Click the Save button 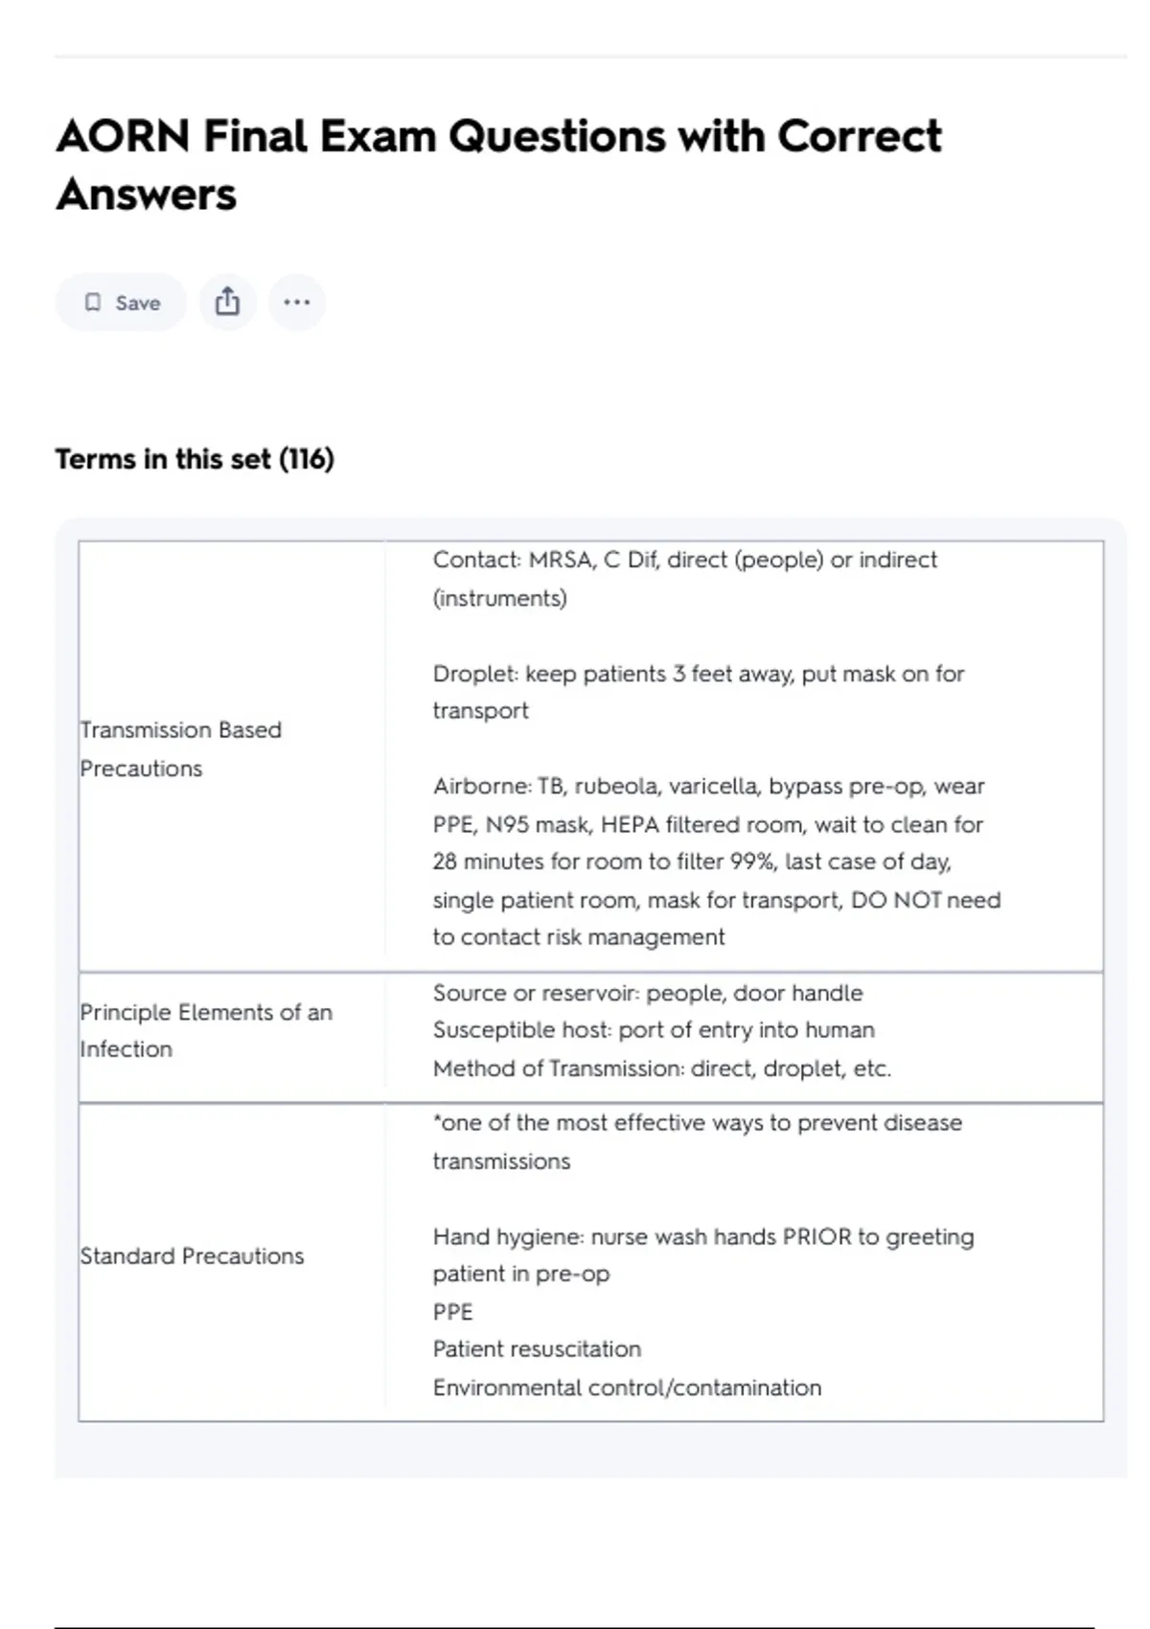(121, 303)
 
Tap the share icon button (227, 303)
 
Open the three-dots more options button (297, 303)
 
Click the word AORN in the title (123, 136)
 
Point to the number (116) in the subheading (307, 459)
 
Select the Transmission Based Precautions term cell (180, 748)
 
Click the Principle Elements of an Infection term (206, 1030)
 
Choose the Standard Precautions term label (192, 1256)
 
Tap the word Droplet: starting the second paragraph (475, 674)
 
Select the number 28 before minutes (445, 861)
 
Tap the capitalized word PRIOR (816, 1237)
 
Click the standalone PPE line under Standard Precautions (453, 1312)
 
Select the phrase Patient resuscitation (537, 1349)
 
